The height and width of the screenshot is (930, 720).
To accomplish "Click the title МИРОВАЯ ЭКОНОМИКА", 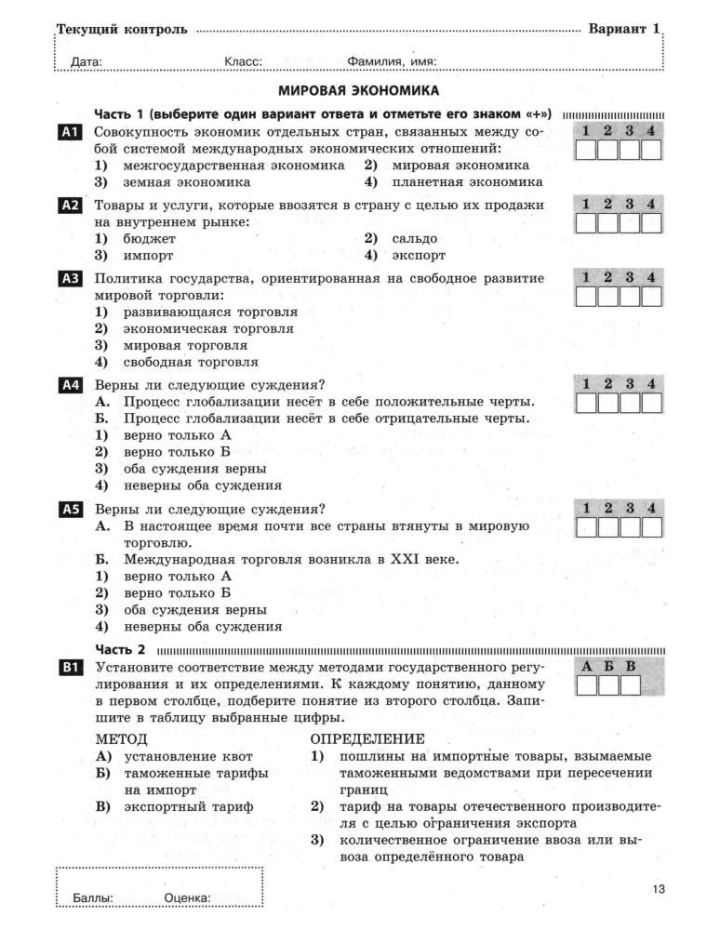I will click(x=359, y=91).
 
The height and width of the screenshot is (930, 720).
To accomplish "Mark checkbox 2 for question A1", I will click(x=607, y=151).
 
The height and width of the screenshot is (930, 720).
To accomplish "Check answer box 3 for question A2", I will click(x=630, y=223).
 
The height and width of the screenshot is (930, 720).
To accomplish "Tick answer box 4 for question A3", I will click(x=651, y=296).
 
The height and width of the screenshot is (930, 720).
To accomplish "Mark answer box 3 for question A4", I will click(x=630, y=403).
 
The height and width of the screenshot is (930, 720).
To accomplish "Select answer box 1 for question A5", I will click(x=586, y=528).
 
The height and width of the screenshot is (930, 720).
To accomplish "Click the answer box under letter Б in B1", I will click(x=608, y=686).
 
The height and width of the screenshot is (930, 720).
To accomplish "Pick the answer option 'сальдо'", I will click(x=414, y=238).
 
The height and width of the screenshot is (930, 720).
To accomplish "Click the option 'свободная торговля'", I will click(x=191, y=363).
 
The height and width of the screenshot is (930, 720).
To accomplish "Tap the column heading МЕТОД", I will click(x=122, y=738).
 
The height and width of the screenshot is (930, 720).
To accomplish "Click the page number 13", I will click(x=659, y=890).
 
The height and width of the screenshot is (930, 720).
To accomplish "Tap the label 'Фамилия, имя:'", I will click(x=392, y=62).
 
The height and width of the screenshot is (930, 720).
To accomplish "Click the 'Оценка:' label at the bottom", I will click(x=187, y=898).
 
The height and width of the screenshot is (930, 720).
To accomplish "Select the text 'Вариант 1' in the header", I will click(x=623, y=29).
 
